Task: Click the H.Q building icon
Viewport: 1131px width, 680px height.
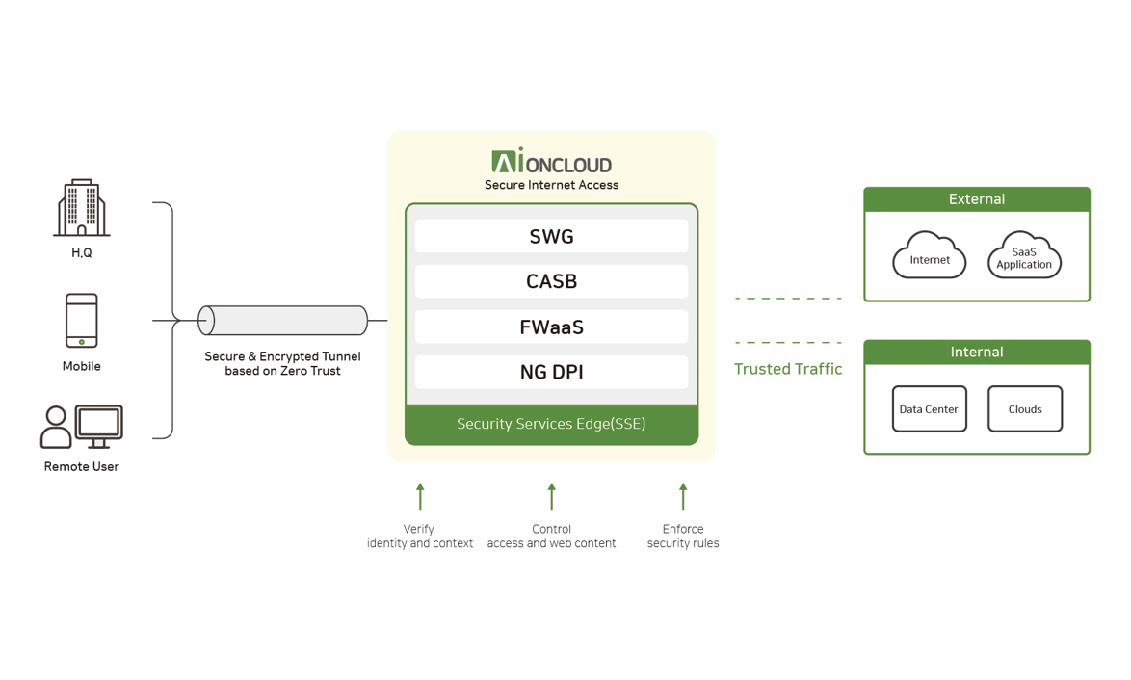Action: [x=82, y=208]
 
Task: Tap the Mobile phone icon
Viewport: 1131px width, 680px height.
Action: [x=82, y=320]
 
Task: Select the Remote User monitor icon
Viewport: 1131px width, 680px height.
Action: [x=99, y=425]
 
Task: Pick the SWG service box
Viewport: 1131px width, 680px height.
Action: [x=551, y=236]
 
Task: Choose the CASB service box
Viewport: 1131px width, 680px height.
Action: [x=551, y=281]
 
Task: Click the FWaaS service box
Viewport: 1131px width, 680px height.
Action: [x=551, y=327]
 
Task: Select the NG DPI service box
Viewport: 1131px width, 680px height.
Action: [x=551, y=372]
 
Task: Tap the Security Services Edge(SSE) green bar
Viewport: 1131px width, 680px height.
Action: [x=551, y=424]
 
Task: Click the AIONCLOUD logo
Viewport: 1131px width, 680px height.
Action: [x=551, y=162]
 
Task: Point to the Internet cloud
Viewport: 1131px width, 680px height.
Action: [x=930, y=257]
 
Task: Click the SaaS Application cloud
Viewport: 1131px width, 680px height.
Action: [x=1024, y=257]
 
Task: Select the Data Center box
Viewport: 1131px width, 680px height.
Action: [x=929, y=409]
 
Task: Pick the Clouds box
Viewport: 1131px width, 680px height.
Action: [x=1025, y=409]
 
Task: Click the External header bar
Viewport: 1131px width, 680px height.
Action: [x=977, y=199]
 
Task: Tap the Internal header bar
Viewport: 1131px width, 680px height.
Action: [x=977, y=353]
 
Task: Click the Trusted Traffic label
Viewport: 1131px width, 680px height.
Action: [x=788, y=369]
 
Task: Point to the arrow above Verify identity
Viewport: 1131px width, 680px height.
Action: [x=420, y=497]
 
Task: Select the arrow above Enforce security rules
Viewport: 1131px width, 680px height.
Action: [x=683, y=497]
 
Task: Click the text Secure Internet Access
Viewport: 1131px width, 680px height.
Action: [x=551, y=185]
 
